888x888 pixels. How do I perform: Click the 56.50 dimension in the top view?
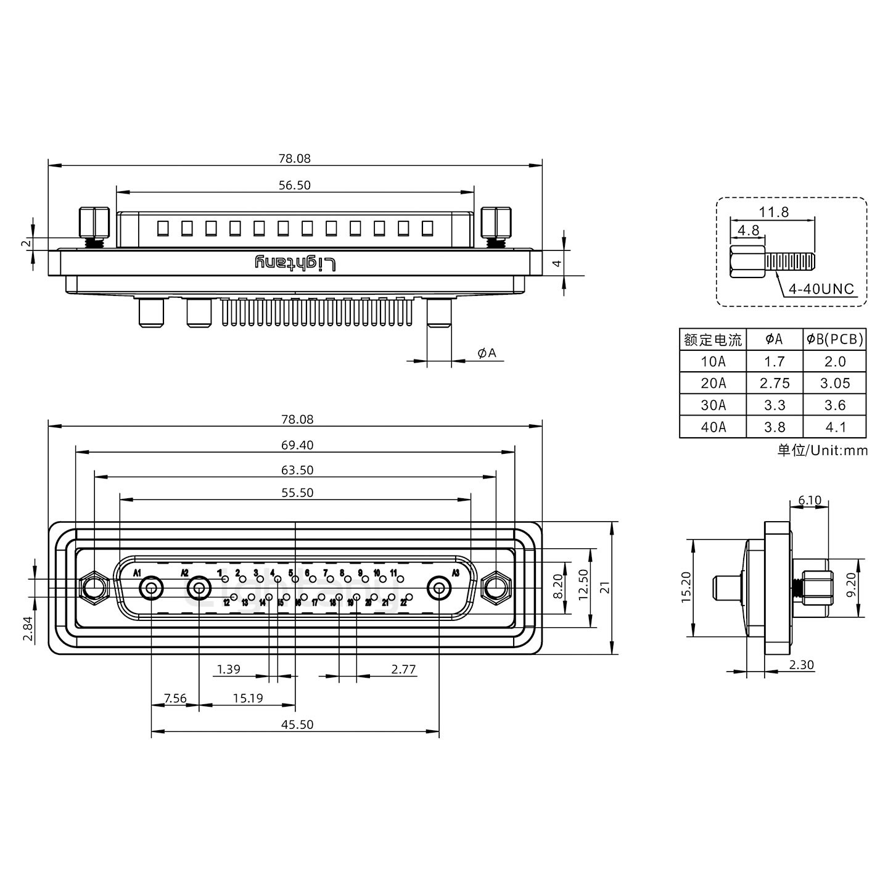[x=295, y=185]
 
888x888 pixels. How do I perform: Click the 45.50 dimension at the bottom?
[x=297, y=724]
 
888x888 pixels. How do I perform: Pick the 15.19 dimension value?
[x=248, y=698]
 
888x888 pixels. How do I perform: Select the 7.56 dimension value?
[x=175, y=698]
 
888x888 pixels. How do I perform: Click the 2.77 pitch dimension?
[x=403, y=669]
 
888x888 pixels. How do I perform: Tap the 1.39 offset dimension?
[x=229, y=669]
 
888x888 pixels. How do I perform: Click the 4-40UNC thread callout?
[x=821, y=289]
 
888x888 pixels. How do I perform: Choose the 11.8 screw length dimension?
[x=773, y=212]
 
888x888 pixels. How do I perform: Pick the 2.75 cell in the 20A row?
[x=775, y=383]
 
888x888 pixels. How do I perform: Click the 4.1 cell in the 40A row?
[x=835, y=427]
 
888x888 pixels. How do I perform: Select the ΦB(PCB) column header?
[x=835, y=339]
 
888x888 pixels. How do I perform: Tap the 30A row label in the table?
[x=713, y=405]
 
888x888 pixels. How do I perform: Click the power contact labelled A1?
[x=151, y=588]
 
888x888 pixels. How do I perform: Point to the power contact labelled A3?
[x=439, y=588]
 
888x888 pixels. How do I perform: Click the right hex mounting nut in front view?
[x=495, y=587]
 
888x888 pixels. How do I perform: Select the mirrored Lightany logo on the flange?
[x=296, y=263]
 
